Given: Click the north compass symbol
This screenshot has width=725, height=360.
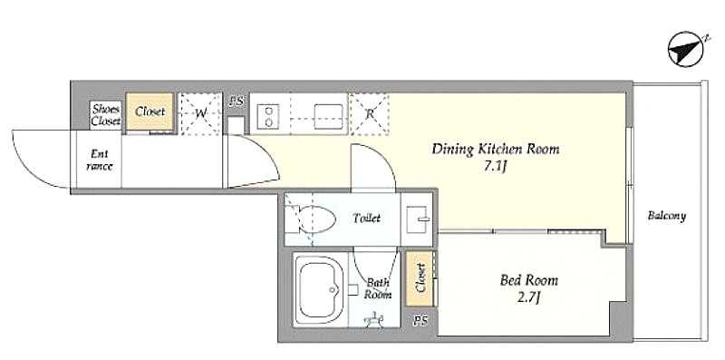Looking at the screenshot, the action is coord(686,49).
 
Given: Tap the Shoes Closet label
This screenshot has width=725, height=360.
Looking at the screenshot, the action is coord(105,116).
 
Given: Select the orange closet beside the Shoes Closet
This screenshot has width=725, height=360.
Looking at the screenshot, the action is coord(150,112).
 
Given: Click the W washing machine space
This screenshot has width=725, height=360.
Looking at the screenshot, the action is coord(200,114).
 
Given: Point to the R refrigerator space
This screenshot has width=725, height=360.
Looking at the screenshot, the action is coord(369,114).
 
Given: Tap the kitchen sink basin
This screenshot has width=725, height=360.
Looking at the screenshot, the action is coord(328,116).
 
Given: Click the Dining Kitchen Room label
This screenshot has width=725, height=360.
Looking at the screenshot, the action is coord(495,150).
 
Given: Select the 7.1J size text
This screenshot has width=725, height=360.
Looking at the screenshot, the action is coord(496,167).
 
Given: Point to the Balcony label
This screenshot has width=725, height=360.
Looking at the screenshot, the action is coord(666,216).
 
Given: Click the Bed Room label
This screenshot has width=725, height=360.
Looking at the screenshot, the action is coord(529,280).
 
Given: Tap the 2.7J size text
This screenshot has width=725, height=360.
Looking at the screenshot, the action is coord(529,298).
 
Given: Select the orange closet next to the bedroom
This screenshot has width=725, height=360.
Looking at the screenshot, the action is coord(420,278).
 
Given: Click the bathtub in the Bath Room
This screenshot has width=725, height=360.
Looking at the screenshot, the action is coord(320,290).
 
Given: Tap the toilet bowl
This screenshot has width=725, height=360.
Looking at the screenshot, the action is coord(310,219).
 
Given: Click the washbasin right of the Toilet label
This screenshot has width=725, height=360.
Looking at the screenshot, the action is coord(418,219).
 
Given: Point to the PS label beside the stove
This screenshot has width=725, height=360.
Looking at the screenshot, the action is coord(236,102).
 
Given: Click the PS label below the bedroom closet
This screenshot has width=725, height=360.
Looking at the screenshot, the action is coord(420,321).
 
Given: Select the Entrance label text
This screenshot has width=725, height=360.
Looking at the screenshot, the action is coord(99,160).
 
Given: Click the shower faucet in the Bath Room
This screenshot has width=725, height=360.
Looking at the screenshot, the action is coord(375,319).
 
